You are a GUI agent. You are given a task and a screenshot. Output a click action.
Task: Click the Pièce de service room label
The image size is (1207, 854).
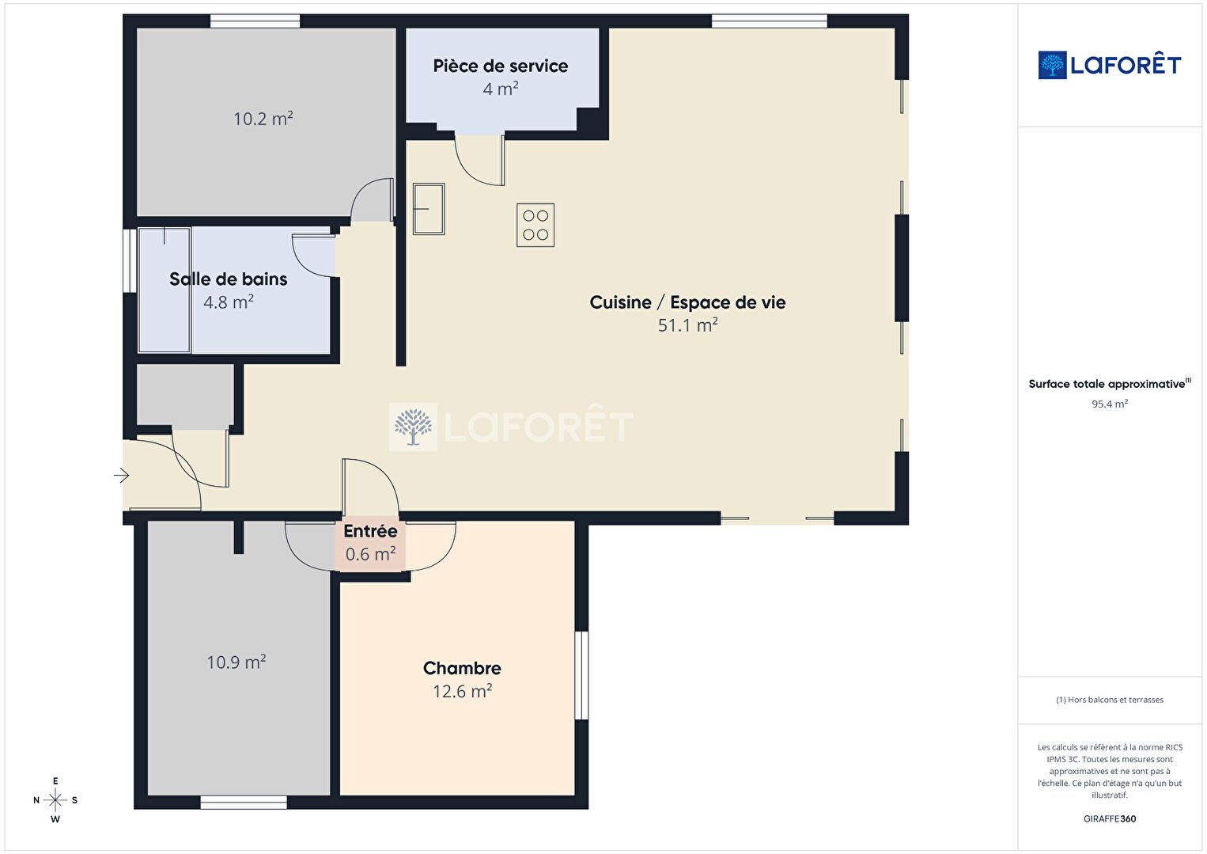click(500, 66)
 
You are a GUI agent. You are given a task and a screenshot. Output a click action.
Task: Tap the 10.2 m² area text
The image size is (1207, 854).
click(263, 118)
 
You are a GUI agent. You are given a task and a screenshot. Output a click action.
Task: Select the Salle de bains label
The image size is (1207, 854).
click(228, 279)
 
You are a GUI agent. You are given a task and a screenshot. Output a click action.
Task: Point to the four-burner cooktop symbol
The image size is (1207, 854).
click(535, 225)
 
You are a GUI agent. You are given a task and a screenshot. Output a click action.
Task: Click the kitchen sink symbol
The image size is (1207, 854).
click(429, 209)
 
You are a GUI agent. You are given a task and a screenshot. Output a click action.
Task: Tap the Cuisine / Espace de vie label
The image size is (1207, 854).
click(687, 302)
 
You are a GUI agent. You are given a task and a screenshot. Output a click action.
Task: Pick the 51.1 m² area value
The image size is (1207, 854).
click(687, 325)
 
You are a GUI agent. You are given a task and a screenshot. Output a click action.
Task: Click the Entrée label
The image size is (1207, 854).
click(370, 531)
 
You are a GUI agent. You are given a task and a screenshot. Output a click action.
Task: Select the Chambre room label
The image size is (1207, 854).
click(462, 668)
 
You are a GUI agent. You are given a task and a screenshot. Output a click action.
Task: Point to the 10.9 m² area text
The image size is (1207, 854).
click(236, 662)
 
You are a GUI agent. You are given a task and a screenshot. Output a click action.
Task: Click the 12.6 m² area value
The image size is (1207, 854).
click(462, 691)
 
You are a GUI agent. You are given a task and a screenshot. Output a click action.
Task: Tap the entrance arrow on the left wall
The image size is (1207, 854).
click(121, 476)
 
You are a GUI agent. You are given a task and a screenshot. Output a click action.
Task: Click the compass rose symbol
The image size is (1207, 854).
click(55, 800)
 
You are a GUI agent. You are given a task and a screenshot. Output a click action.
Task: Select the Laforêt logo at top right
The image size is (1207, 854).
click(1110, 65)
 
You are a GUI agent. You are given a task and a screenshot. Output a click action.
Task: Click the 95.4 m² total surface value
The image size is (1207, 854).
click(1110, 404)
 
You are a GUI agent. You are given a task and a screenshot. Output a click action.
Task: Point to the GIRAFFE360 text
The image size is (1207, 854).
click(1110, 818)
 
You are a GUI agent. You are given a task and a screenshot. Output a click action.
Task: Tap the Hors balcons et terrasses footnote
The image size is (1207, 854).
click(1110, 700)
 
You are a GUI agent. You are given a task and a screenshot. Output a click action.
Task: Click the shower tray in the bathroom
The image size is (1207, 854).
click(165, 290)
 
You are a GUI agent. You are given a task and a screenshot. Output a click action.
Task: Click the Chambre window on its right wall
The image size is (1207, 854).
click(581, 675)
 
